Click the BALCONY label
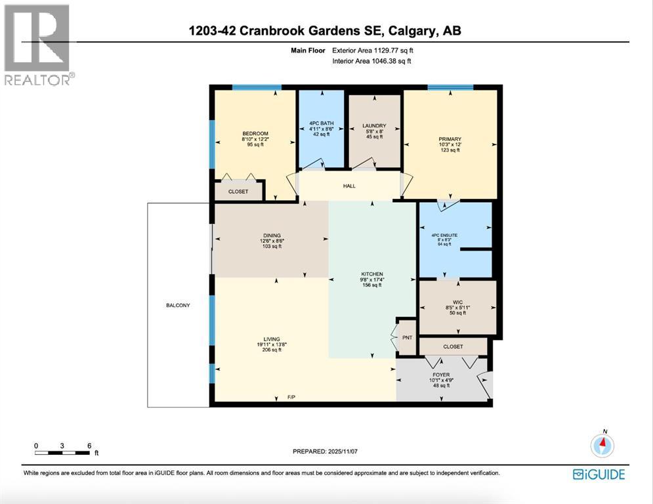177,305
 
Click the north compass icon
601,446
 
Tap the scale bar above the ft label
63,452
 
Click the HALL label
349,186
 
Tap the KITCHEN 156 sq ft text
372,285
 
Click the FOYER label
441,371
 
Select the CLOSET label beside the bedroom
238,192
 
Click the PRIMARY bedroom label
450,139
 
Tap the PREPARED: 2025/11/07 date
326,451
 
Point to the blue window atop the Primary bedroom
450,87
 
